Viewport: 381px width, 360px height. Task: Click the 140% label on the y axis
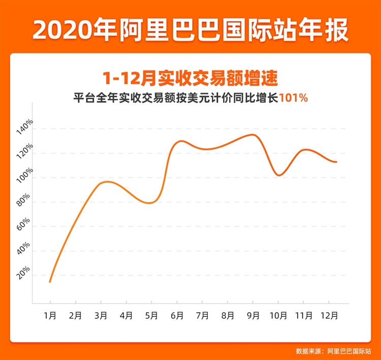24,127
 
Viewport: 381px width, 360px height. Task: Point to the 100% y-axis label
24,175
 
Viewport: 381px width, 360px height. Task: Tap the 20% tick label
24,273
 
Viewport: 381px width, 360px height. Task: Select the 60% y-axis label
24,224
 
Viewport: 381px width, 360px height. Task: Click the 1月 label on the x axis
50,315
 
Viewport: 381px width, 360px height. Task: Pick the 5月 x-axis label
151,315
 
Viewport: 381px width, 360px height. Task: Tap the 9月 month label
253,315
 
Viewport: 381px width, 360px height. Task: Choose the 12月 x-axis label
329,315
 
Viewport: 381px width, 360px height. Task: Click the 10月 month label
278,315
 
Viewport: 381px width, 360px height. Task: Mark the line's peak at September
253,135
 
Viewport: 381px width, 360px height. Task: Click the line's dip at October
279,175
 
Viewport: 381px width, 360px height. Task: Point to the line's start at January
50,282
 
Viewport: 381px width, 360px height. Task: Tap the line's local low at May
150,203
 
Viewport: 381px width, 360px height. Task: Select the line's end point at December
336,162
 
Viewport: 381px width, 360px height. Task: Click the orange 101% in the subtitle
293,98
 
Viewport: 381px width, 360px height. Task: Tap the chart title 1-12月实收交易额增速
190,79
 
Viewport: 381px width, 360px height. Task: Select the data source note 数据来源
307,351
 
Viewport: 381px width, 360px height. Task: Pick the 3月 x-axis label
101,315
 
